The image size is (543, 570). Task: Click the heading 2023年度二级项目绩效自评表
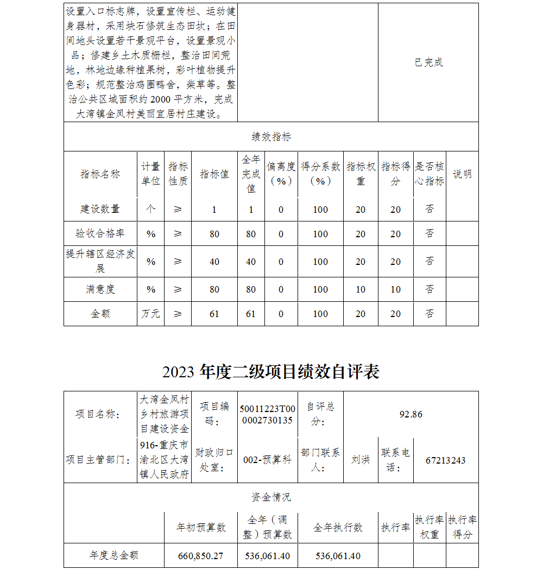click(270, 372)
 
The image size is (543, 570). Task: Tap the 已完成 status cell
click(428, 62)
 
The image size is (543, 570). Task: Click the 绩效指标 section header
click(271, 137)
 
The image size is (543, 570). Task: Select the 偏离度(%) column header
click(281, 174)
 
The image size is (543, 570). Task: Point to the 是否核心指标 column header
click(430, 174)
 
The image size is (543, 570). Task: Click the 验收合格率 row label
click(100, 233)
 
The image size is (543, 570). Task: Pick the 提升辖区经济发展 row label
click(100, 261)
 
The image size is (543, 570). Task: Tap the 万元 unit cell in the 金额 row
click(150, 314)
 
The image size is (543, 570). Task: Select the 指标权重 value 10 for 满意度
click(361, 289)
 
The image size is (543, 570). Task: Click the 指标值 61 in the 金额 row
click(214, 314)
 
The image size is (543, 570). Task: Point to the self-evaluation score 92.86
click(411, 414)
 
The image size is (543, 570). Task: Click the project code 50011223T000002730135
click(267, 414)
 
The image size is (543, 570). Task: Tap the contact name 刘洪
click(361, 460)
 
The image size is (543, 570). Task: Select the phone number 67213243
click(445, 460)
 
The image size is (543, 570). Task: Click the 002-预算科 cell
click(267, 460)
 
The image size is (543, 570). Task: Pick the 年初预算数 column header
click(201, 527)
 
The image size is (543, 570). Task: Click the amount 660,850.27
click(201, 556)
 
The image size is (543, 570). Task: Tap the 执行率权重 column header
click(430, 527)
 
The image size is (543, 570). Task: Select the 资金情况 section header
click(271, 497)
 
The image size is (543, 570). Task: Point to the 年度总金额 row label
click(114, 556)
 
